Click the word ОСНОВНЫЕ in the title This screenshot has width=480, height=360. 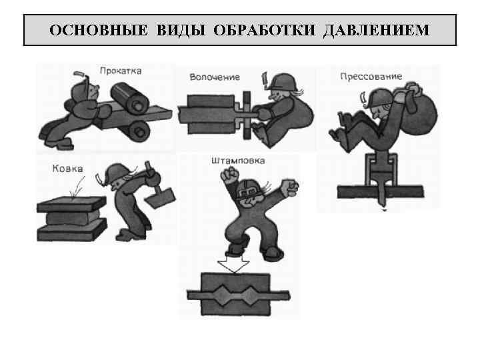click(93, 31)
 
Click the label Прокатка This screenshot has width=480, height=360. click(120, 71)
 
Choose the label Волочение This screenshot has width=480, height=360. click(214, 77)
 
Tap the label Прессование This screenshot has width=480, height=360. click(371, 76)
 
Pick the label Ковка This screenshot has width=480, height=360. click(67, 169)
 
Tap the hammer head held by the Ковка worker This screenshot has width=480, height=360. click(163, 197)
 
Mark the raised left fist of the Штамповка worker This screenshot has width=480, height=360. click(231, 177)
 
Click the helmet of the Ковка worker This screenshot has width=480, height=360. click(119, 172)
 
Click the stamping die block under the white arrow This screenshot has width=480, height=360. click(235, 293)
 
